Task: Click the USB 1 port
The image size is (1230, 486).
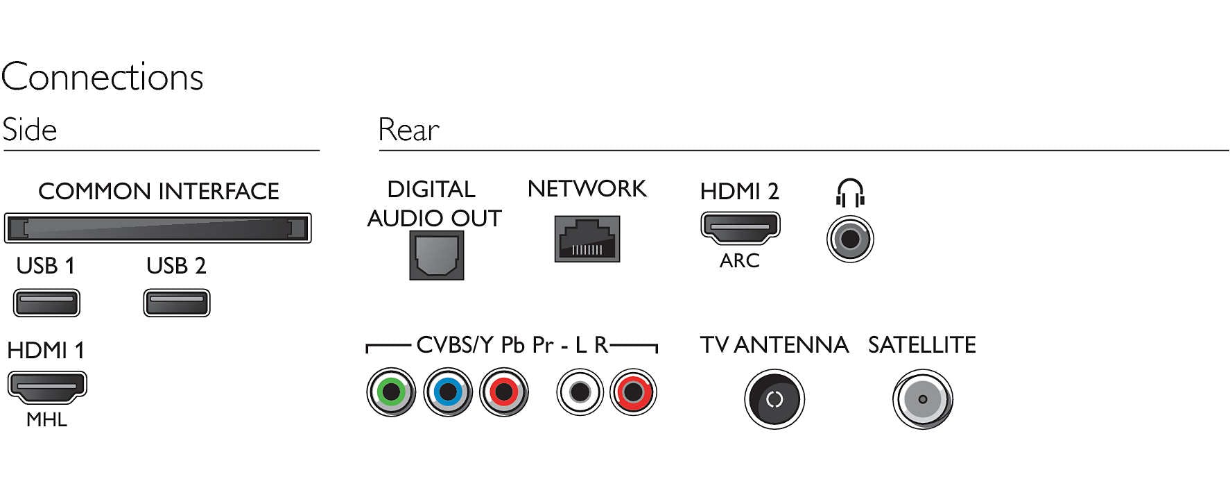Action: point(46,303)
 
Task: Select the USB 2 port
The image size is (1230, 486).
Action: point(176,303)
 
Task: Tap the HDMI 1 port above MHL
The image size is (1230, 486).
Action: point(46,387)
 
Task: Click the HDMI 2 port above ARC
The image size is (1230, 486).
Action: point(740,228)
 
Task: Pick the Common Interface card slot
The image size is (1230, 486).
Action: point(157,228)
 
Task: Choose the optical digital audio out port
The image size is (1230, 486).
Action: point(436,255)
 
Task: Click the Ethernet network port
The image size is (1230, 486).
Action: point(587,239)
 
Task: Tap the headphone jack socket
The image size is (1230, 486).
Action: point(850,240)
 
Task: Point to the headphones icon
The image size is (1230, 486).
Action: point(850,192)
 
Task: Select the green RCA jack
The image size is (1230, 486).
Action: point(391,392)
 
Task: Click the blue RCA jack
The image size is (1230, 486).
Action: point(447,392)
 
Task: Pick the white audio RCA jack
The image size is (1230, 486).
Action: point(580,392)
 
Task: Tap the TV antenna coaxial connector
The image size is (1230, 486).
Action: point(774,399)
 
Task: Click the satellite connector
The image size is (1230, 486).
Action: point(922,399)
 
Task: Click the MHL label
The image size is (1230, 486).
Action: point(46,419)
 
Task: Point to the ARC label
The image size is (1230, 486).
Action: point(740,260)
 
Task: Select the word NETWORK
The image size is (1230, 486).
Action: point(587,189)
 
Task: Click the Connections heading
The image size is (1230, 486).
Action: point(103,76)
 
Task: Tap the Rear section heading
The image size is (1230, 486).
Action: point(408,130)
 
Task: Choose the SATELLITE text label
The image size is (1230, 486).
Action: point(921,344)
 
